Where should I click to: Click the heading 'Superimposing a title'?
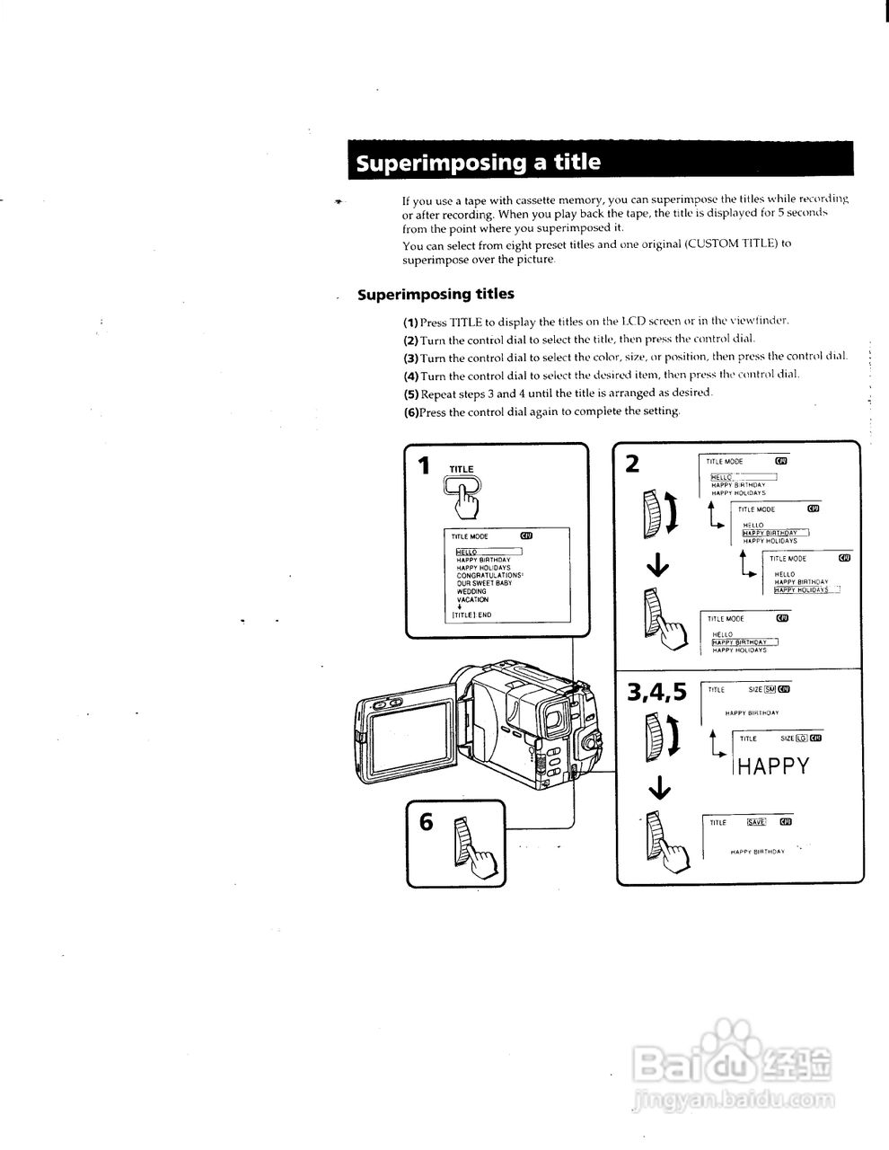coord(478,163)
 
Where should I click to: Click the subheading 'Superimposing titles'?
coord(436,295)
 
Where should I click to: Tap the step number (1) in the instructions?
coord(411,322)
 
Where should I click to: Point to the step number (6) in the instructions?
coord(411,412)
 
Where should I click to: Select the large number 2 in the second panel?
coord(632,464)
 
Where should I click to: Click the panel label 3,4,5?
coord(657,692)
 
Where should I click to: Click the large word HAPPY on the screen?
coord(773,766)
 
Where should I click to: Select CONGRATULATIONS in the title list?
coord(489,575)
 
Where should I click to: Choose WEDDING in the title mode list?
coord(471,591)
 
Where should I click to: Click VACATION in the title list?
coord(472,599)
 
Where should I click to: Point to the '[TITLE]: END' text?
coord(471,615)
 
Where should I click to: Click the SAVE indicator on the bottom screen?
coord(755,821)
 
